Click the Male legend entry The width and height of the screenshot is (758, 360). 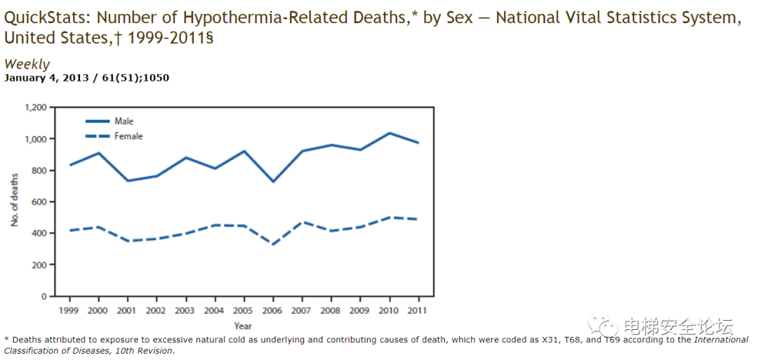pyautogui.click(x=124, y=121)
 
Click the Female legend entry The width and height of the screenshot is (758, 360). pyautogui.click(x=128, y=136)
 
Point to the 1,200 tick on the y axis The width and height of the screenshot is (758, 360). pyautogui.click(x=35, y=107)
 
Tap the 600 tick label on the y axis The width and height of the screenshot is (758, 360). pyautogui.click(x=39, y=202)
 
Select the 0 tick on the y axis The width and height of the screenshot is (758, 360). pyautogui.click(x=44, y=296)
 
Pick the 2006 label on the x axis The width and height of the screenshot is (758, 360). pyautogui.click(x=273, y=309)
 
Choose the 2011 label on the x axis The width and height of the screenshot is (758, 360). pyautogui.click(x=418, y=309)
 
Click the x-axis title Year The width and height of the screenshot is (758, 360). pyautogui.click(x=243, y=326)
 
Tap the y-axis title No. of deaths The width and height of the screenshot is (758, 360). pyautogui.click(x=15, y=200)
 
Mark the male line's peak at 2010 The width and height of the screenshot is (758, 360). pyautogui.click(x=390, y=133)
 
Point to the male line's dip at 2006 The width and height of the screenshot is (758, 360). pyautogui.click(x=273, y=182)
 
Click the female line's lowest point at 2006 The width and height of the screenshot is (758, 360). pyautogui.click(x=273, y=244)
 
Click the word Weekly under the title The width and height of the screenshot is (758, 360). pyautogui.click(x=27, y=65)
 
